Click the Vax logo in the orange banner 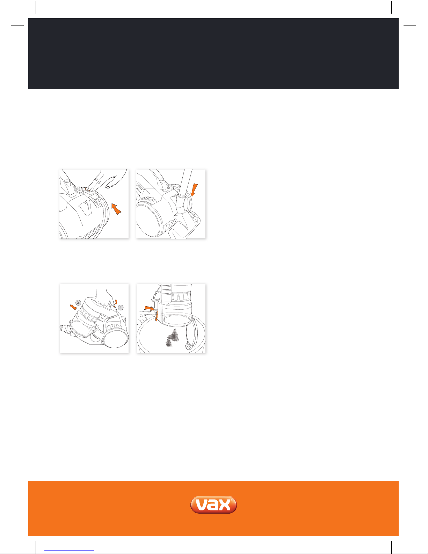pos(213,504)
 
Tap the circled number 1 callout pos(121,308)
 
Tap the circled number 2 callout pos(78,303)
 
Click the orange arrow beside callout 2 pos(73,307)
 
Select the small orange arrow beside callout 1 pos(116,302)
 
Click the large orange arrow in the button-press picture pos(116,209)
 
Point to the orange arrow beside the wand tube pos(194,190)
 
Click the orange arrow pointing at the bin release pos(150,308)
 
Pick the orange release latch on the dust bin pos(157,316)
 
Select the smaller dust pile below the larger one pos(169,343)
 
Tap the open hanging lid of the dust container pos(191,334)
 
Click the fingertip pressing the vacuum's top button pos(88,188)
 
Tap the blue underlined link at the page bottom pos(69,551)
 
